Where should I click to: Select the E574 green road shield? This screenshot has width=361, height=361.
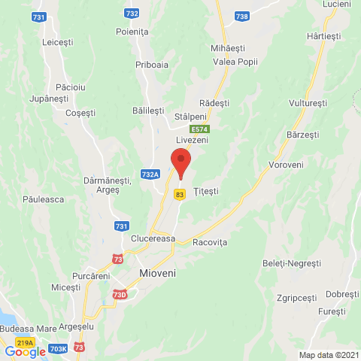point(199,129)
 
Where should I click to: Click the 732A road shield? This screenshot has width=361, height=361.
point(150,174)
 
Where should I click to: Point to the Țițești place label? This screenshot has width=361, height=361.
point(205,191)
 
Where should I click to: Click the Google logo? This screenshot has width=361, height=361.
point(25,351)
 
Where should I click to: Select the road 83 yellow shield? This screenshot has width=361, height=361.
point(179,194)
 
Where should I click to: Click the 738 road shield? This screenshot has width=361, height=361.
point(241,16)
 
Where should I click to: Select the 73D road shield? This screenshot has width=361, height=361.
point(120,294)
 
